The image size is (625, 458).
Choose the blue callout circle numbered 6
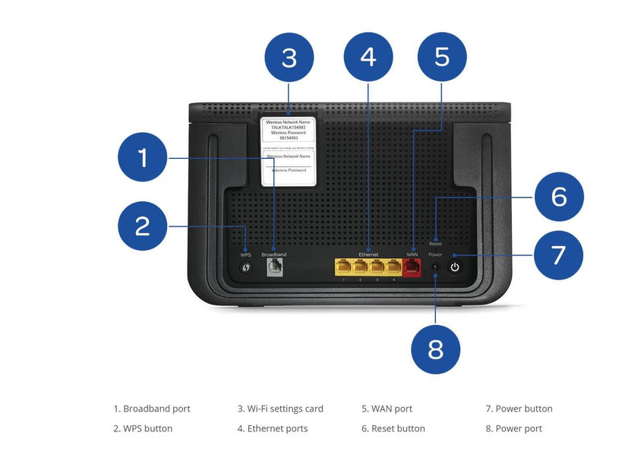(x=559, y=197)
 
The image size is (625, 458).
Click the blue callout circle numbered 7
(x=559, y=254)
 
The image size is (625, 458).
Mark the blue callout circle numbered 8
(x=436, y=349)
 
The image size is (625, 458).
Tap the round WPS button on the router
(x=246, y=268)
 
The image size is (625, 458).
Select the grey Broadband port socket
(x=273, y=267)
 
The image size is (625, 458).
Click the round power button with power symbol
(x=455, y=267)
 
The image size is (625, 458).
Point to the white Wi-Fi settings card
(x=289, y=150)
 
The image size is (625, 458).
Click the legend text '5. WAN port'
(x=387, y=409)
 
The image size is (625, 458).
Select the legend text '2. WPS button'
(x=143, y=428)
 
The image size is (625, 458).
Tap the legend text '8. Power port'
(x=513, y=428)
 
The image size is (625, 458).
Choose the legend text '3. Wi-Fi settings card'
(x=279, y=409)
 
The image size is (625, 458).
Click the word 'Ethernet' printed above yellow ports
(x=368, y=254)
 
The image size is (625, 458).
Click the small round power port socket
(x=434, y=267)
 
